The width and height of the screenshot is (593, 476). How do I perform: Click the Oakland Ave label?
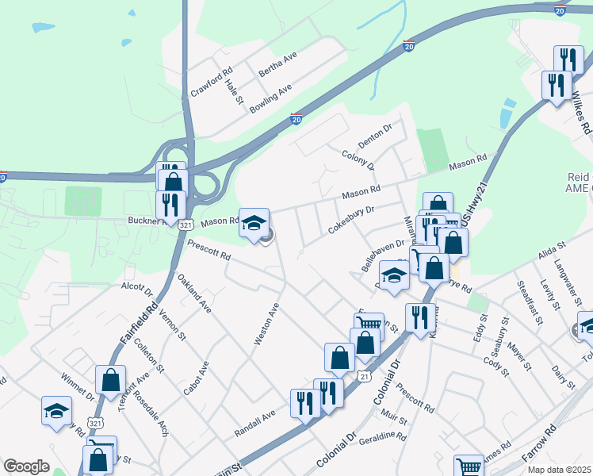click(194, 294)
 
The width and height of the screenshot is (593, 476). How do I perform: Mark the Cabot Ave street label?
click(199, 379)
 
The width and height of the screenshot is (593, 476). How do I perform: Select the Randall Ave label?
click(254, 424)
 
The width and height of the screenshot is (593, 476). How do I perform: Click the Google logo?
click(26, 466)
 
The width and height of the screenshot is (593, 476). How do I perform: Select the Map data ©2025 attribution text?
click(559, 470)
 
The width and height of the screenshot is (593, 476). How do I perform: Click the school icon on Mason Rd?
click(254, 223)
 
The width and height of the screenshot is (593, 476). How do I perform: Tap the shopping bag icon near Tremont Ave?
click(109, 380)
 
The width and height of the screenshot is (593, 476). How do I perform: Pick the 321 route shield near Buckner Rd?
click(186, 225)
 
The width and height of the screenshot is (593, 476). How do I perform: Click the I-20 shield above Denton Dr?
click(296, 119)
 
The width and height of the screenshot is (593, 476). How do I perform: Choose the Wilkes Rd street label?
click(581, 111)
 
